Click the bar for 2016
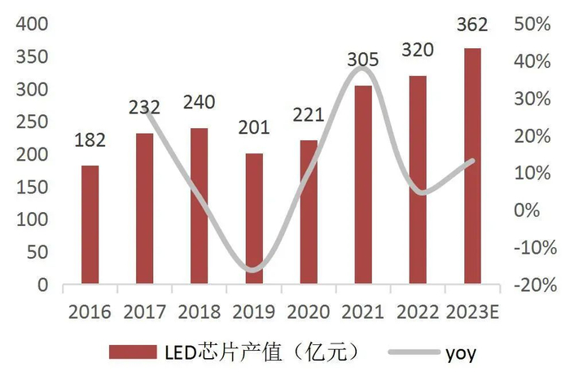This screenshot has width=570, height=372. (x=90, y=225)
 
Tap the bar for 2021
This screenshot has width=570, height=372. (x=363, y=185)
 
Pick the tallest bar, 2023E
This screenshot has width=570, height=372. (x=472, y=166)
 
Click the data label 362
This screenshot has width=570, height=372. (x=472, y=25)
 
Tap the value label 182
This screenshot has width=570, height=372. (x=90, y=141)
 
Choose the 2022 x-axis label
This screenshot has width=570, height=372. (x=418, y=312)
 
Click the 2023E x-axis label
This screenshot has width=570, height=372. (x=474, y=312)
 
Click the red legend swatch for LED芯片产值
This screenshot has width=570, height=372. (x=133, y=352)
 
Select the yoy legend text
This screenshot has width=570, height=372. (x=460, y=352)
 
